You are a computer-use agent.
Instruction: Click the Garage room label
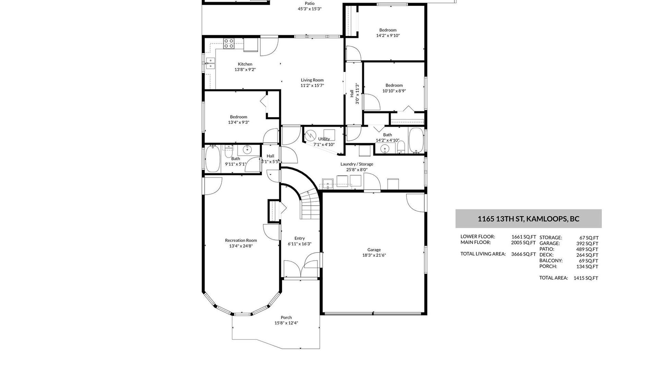[x=374, y=250]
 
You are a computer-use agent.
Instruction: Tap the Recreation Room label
[x=241, y=241]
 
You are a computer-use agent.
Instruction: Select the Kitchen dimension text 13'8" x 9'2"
[x=245, y=70]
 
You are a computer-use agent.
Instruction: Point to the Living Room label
[x=312, y=80]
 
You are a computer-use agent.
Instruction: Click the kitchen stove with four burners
[x=229, y=43]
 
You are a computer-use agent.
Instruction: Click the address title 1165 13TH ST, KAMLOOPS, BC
[x=528, y=219]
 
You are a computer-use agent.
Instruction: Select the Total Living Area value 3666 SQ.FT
[x=523, y=254]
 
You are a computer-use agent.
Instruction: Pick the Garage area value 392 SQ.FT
[x=587, y=244]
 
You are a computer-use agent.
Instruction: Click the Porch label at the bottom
[x=286, y=318]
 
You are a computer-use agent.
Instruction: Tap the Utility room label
[x=324, y=139]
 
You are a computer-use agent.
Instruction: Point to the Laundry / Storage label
[x=357, y=164]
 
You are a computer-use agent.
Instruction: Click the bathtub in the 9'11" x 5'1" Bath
[x=213, y=159]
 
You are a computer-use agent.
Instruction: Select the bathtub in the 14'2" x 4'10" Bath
[x=416, y=140]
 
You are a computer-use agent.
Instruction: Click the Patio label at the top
[x=309, y=3]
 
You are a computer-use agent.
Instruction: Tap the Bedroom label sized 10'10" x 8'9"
[x=394, y=85]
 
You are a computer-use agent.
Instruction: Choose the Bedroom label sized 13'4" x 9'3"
[x=239, y=117]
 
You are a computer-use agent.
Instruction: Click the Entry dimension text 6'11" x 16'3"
[x=300, y=244]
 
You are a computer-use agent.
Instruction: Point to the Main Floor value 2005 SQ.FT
[x=523, y=243]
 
